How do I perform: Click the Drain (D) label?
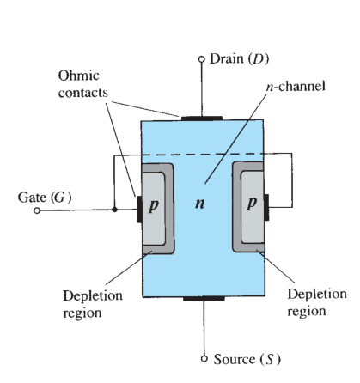coord(239,59)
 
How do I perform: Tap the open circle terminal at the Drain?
coord(202,59)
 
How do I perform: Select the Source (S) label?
coord(247,359)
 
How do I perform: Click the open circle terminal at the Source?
coord(204,359)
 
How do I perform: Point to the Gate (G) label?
coord(45,198)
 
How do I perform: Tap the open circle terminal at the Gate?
coord(37,210)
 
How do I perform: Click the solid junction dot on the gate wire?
coord(114,210)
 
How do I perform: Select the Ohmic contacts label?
coord(83,84)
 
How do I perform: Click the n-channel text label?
coord(296,86)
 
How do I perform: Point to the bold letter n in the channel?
coord(200,204)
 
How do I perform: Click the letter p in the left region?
coord(154,205)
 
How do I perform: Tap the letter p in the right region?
coord(252,203)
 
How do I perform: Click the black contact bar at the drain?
coord(202,119)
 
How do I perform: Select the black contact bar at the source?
coord(204,299)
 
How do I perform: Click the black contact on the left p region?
coord(139,210)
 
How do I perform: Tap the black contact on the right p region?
coord(266,207)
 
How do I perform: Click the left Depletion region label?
coord(93,304)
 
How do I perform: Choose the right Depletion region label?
coord(317,302)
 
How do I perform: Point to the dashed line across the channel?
coord(202,155)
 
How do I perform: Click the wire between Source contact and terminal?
coord(204,328)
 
